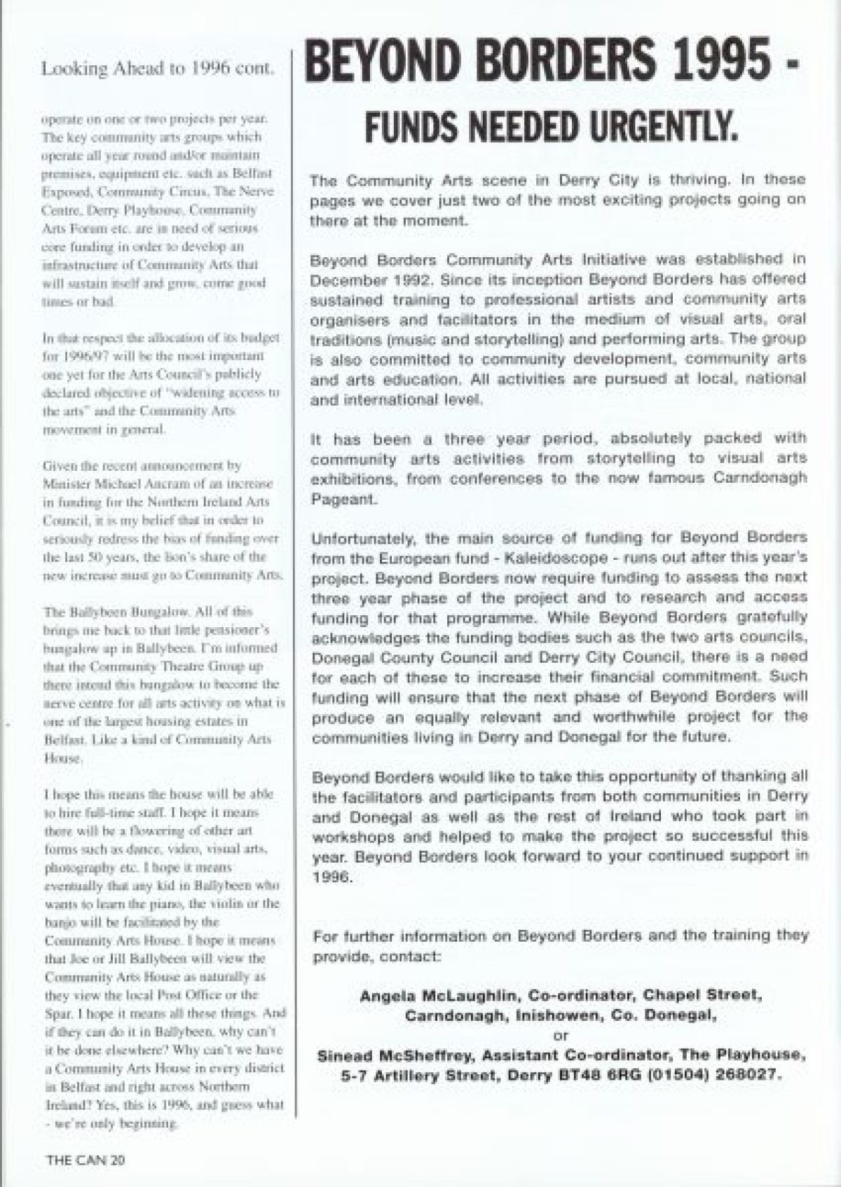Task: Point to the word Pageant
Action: click(344, 501)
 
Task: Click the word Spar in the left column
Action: click(55, 1013)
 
